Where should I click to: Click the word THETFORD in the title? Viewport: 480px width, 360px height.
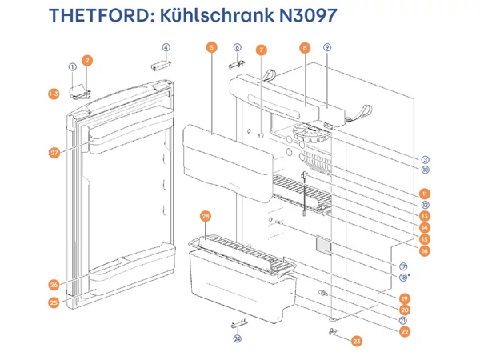99,15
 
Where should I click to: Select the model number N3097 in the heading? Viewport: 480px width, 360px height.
308,15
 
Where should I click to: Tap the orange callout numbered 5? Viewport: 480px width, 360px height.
211,47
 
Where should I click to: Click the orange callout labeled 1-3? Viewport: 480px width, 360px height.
54,94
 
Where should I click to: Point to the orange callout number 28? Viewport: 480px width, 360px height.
206,217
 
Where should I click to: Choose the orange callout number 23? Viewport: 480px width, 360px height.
357,342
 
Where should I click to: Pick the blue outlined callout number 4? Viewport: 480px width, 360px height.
166,47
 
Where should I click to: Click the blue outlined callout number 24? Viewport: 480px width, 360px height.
238,338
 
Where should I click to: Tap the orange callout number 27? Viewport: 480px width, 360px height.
54,153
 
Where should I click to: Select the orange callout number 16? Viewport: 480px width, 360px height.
424,251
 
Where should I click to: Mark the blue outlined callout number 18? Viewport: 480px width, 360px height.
403,278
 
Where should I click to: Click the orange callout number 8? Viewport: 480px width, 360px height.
305,48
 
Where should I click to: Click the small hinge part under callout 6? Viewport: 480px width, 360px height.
237,65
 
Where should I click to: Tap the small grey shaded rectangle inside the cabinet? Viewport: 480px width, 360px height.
324,246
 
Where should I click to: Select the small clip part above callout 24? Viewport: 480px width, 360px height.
239,323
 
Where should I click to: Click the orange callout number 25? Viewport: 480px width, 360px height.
54,302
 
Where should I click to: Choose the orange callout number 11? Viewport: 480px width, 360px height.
425,194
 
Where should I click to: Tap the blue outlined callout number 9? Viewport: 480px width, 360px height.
327,47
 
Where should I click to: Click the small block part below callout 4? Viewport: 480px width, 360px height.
161,66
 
